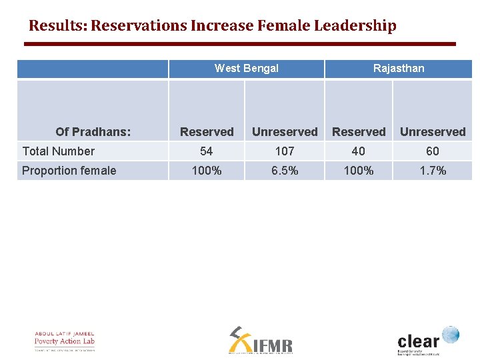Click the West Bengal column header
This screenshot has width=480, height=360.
[246, 68]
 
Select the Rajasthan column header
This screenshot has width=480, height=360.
[398, 68]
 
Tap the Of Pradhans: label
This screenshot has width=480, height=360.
[93, 132]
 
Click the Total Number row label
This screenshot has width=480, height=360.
[59, 151]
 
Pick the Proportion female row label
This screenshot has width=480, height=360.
[69, 171]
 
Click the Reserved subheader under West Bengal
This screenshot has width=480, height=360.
[207, 132]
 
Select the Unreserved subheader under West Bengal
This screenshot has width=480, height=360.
[285, 132]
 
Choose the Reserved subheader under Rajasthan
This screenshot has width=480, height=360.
[359, 132]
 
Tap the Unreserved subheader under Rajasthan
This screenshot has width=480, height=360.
[433, 132]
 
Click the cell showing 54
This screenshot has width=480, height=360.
[207, 151]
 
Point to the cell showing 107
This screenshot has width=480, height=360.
[285, 151]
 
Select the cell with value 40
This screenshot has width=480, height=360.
[359, 151]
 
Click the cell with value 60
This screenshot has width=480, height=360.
[433, 151]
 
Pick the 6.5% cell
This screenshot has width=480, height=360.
[285, 171]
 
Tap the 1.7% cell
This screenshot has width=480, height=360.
[433, 171]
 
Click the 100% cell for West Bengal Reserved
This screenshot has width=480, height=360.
[207, 171]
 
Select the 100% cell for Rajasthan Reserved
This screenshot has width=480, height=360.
[359, 171]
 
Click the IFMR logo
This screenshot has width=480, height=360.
[260, 341]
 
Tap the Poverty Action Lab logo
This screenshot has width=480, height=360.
[65, 341]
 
